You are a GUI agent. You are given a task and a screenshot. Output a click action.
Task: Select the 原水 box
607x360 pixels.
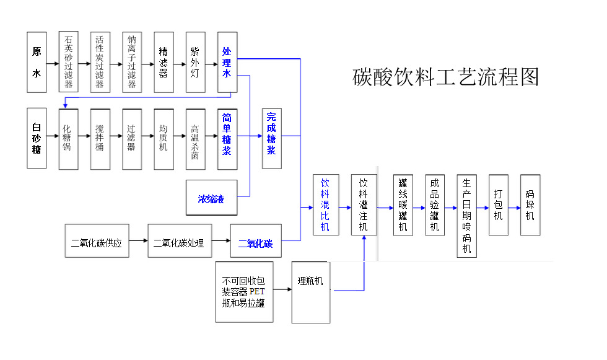coord(37,62)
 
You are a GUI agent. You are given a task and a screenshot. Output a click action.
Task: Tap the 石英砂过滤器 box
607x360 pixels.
coord(68,62)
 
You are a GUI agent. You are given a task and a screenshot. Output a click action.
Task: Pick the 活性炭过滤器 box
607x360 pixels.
coord(100,62)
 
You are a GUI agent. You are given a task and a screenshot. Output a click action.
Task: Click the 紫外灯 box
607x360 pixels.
coord(195,62)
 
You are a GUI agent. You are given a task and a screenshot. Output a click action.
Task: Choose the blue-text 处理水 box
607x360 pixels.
coord(227,62)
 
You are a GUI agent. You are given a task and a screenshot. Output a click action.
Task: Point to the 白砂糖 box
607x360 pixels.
coord(37,138)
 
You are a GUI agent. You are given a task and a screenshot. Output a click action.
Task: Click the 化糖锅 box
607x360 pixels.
coord(68,138)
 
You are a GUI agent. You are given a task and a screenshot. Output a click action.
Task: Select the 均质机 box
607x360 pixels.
coord(164,138)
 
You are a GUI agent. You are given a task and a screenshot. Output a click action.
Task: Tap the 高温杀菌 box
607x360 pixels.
coord(195,138)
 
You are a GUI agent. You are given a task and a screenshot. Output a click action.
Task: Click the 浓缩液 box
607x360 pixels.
coord(211,199)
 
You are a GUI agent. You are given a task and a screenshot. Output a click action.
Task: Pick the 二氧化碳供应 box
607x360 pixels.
coord(97,241)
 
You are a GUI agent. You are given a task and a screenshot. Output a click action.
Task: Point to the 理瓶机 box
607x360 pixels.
coord(310,291)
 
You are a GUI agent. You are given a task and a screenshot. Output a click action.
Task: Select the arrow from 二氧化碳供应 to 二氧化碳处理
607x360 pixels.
coord(138,241)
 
